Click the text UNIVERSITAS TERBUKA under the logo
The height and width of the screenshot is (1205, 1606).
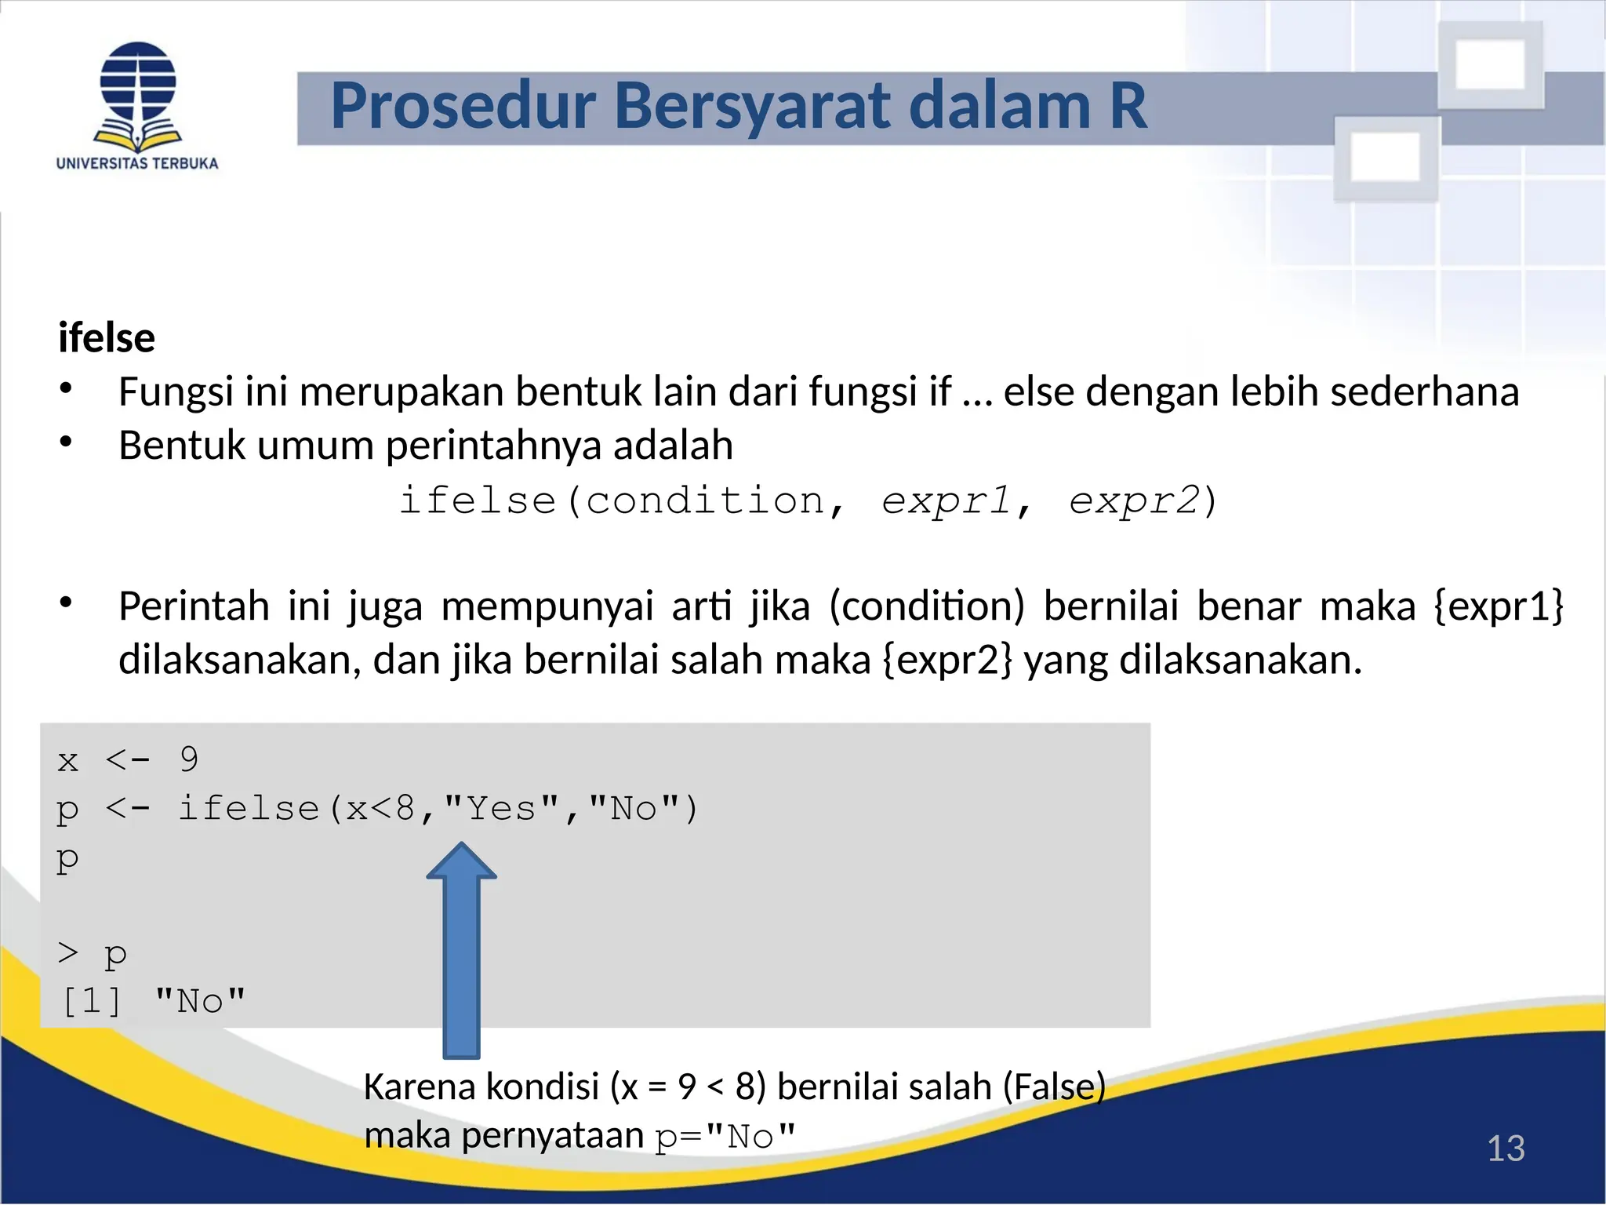pyautogui.click(x=137, y=164)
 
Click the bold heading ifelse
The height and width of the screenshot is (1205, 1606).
pyautogui.click(x=107, y=338)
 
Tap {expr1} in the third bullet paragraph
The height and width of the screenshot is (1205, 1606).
pyautogui.click(x=1499, y=606)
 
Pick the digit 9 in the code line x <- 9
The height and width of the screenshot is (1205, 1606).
pyautogui.click(x=189, y=759)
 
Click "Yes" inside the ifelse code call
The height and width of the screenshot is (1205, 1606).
pyautogui.click(x=501, y=808)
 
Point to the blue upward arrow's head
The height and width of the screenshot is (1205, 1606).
pyautogui.click(x=461, y=863)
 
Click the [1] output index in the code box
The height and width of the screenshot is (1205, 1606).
pyautogui.click(x=92, y=1002)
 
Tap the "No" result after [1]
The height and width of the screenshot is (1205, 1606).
pyautogui.click(x=201, y=1002)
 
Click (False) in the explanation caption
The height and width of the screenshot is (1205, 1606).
pyautogui.click(x=1054, y=1087)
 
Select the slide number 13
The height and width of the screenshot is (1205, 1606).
pyautogui.click(x=1506, y=1149)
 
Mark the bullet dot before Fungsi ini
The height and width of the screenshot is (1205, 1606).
pyautogui.click(x=66, y=389)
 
